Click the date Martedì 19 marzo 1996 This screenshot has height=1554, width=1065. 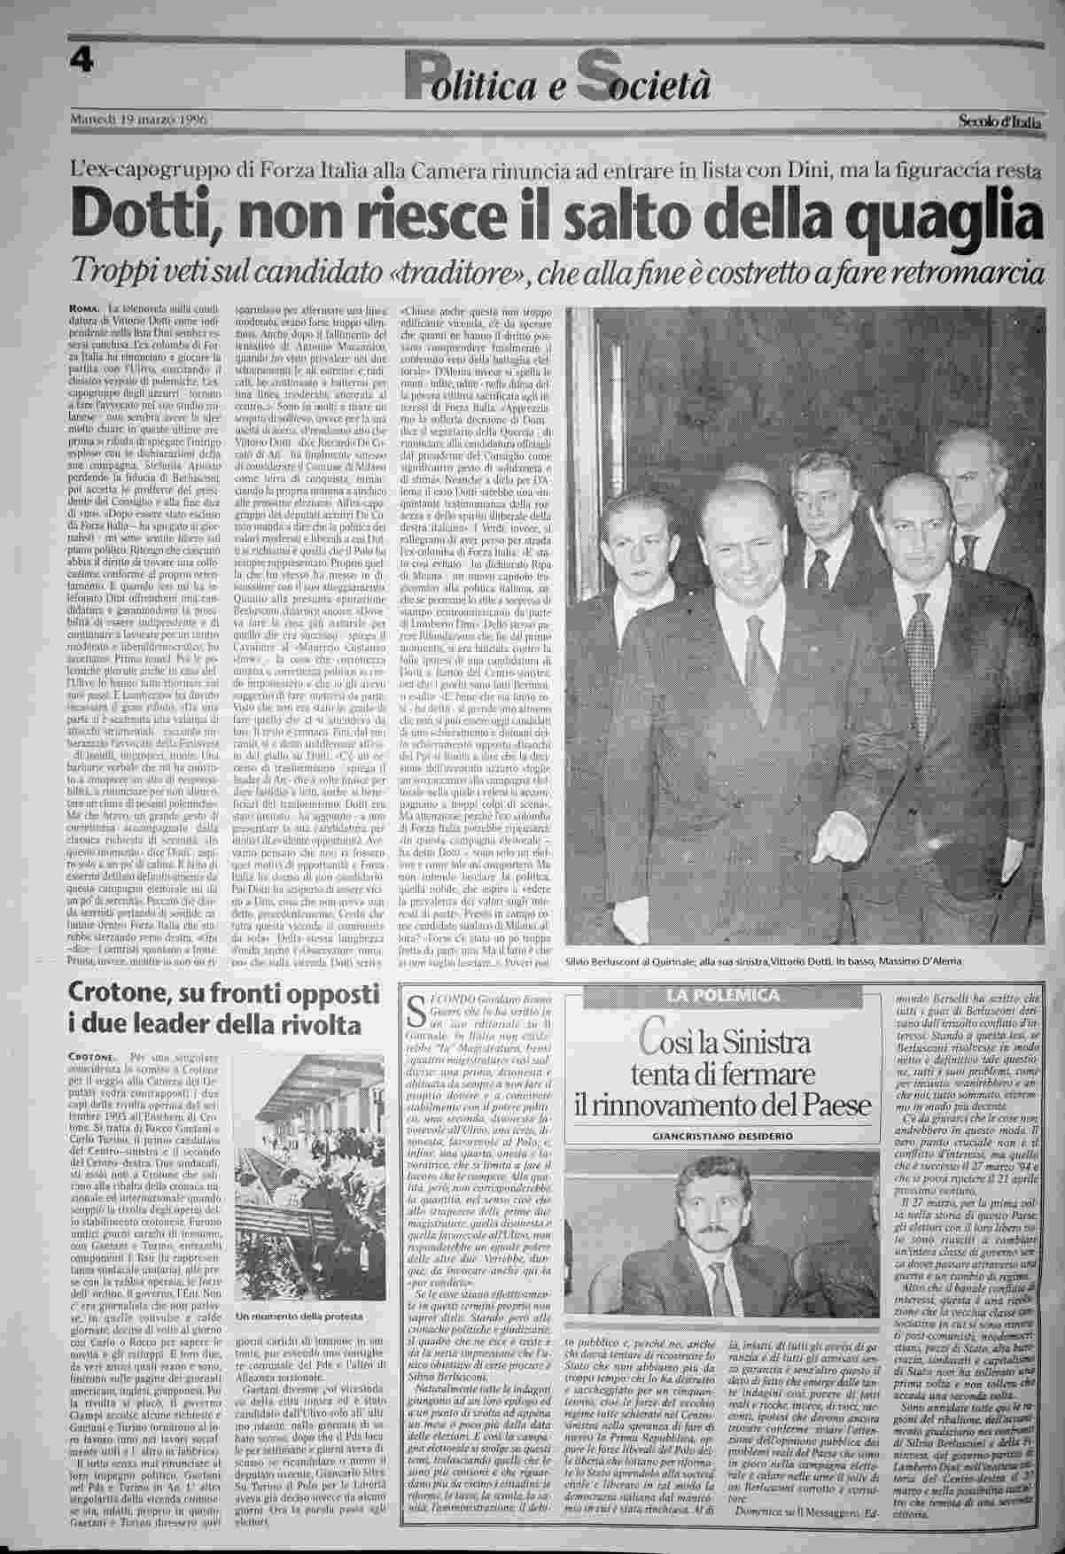(137, 118)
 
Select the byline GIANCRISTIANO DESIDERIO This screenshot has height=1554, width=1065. (723, 1135)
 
